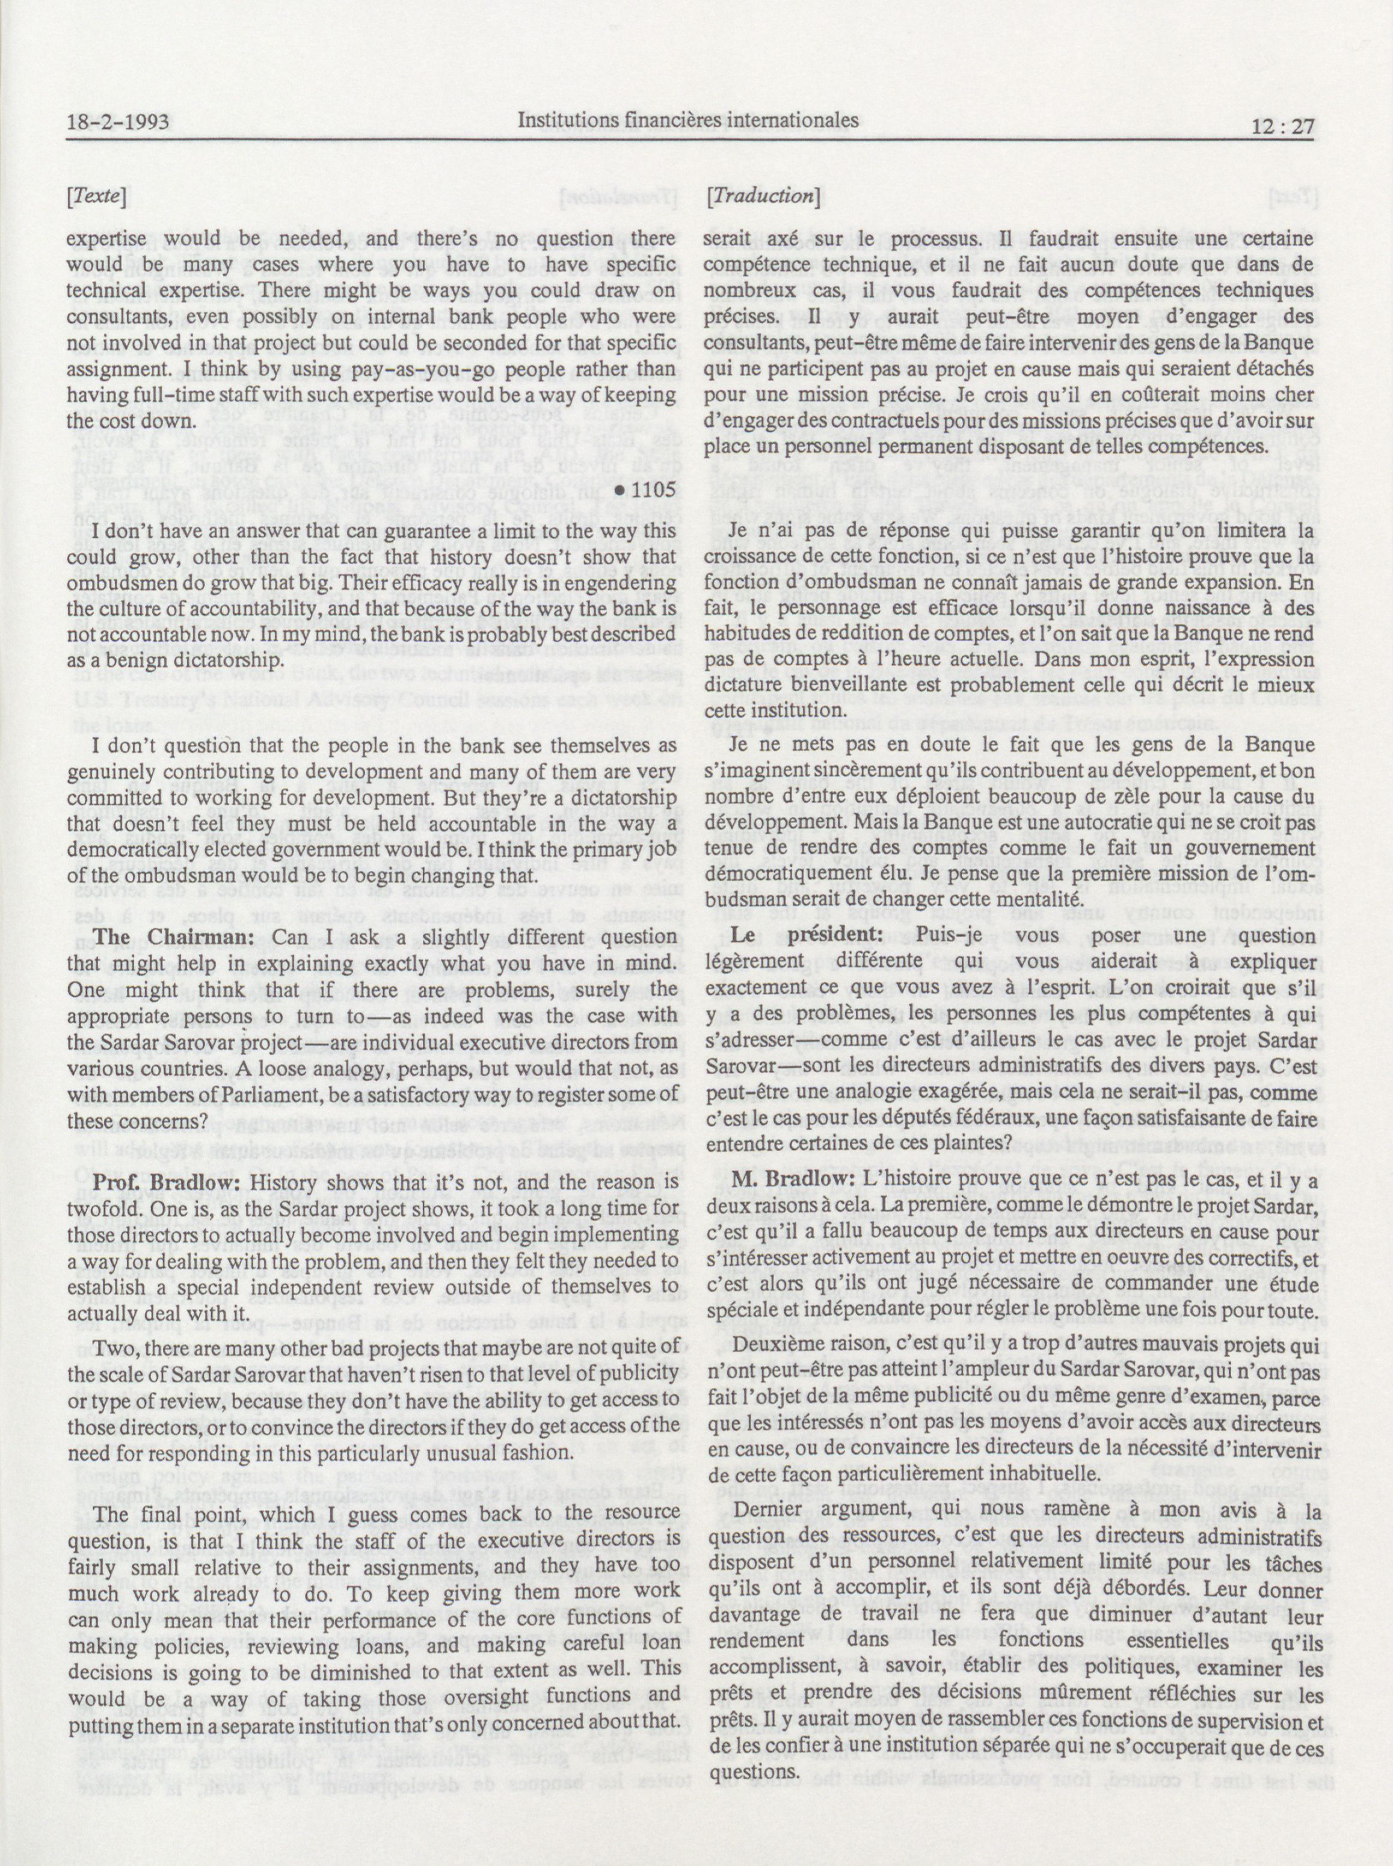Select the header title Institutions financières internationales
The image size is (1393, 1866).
coord(688,120)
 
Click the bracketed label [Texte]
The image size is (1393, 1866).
coord(97,197)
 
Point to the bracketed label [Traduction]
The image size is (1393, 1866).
coord(764,196)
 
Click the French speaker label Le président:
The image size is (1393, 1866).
coord(798,935)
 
